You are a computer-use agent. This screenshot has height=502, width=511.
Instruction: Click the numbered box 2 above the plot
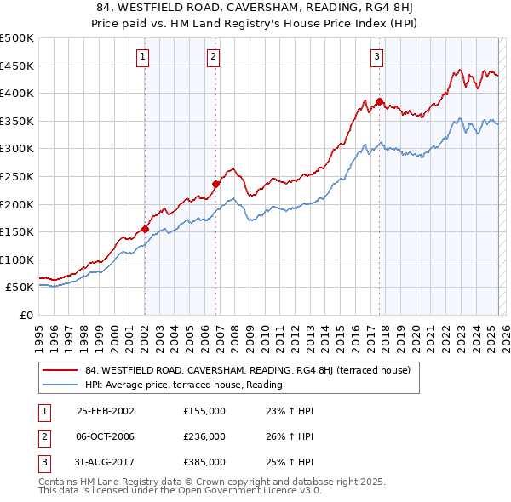[x=213, y=58]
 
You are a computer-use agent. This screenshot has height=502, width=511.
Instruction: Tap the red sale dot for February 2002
[x=146, y=229]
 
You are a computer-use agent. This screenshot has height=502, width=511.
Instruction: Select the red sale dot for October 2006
[x=216, y=184]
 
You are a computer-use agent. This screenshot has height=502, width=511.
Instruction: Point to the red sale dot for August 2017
[x=380, y=101]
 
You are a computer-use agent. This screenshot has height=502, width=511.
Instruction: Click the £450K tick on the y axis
[x=17, y=66]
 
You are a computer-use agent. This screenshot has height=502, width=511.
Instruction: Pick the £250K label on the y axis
[x=17, y=176]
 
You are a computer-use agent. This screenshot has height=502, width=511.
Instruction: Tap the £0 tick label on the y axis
[x=26, y=315]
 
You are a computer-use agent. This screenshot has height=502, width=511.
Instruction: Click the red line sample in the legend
[x=59, y=371]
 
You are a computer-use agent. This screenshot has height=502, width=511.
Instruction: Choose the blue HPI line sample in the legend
[x=59, y=385]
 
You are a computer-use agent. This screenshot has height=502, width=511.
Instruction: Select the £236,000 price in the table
[x=204, y=436]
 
